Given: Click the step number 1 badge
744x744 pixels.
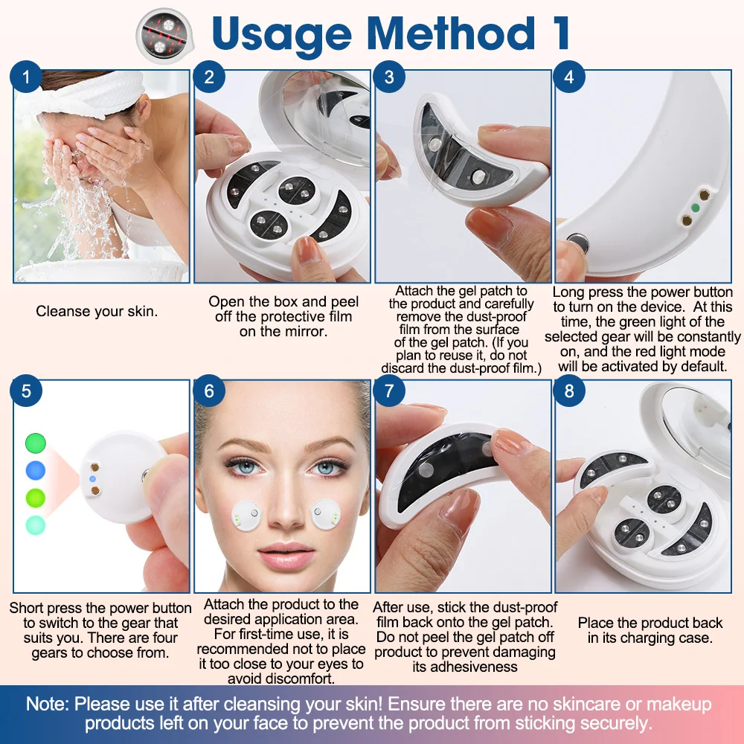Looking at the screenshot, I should (28, 77).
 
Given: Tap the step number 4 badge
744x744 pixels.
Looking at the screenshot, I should (569, 77).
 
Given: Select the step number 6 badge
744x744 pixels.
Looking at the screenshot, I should (208, 391).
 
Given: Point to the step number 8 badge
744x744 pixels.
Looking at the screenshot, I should (569, 391).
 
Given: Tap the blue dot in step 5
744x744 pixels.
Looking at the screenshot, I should (35, 470).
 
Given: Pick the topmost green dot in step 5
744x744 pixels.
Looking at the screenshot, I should (35, 443).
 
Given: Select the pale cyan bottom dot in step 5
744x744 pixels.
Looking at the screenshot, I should (35, 524).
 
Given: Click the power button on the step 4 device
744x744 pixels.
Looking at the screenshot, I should (576, 243).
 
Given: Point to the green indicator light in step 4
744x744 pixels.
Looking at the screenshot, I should (694, 208).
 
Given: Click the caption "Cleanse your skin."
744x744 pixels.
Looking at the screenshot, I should (97, 312).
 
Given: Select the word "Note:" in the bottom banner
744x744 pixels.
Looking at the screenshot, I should (48, 705).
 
